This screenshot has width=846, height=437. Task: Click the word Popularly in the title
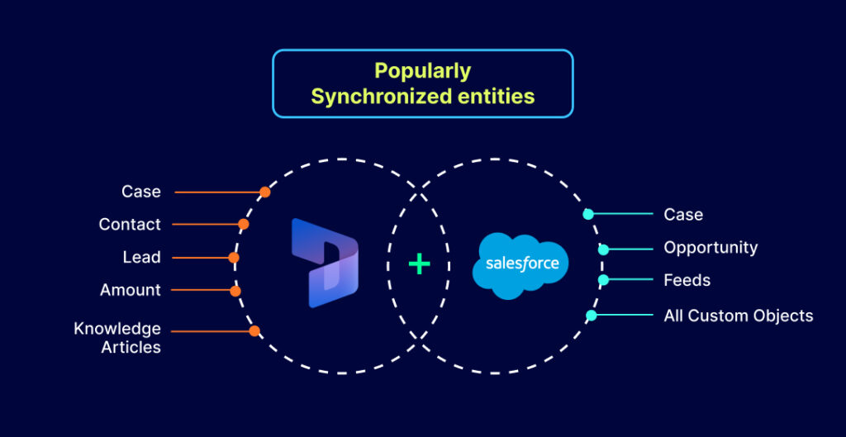pos(422,71)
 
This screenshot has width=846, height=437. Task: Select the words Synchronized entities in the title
pos(422,97)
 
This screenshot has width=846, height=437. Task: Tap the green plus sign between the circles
pos(420,264)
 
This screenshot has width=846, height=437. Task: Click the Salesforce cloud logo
pos(521,265)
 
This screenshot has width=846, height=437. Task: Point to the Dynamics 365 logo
pos(325,264)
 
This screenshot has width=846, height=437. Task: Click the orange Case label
pos(141,192)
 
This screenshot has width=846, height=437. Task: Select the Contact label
pos(130,224)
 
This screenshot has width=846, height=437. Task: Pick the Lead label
pos(141,257)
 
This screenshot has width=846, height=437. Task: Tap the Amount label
pos(131,290)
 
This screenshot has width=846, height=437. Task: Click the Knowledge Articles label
pos(117,338)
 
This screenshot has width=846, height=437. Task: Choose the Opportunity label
pos(711,247)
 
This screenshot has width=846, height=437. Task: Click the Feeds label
pos(687,280)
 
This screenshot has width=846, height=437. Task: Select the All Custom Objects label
pos(739,316)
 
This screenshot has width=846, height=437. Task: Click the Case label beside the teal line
pos(683,214)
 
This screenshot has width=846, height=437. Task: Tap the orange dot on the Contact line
pos(244,224)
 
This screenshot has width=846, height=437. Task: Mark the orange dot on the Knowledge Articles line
pos(254,331)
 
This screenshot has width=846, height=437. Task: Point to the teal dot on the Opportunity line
pos(603,248)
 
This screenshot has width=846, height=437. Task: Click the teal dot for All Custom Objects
pos(591,316)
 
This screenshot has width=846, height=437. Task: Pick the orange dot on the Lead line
pos(234,258)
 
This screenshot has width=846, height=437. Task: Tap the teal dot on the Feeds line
pos(603,280)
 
